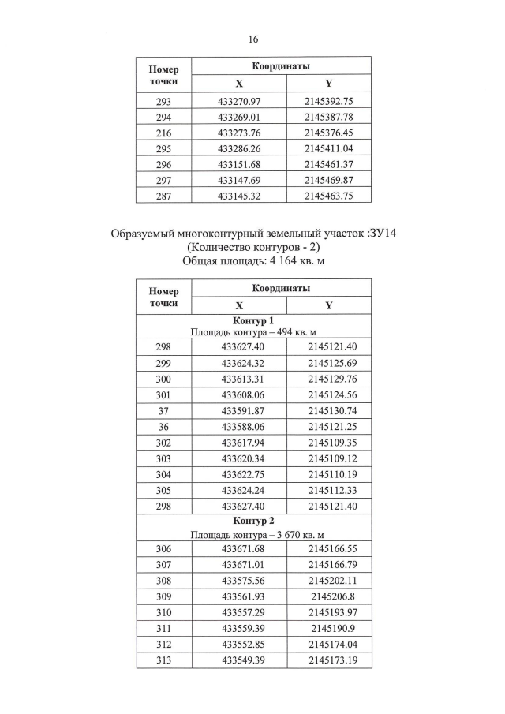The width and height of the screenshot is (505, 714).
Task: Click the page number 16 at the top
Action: (252, 39)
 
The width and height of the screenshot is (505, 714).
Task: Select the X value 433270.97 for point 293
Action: (239, 102)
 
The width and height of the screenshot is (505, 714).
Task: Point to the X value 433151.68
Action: (239, 164)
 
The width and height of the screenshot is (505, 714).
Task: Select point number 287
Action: (164, 196)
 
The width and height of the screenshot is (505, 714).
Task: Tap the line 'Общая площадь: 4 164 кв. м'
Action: (252, 262)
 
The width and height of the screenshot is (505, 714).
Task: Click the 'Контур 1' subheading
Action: (253, 321)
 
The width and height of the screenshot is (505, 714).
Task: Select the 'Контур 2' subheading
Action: (253, 524)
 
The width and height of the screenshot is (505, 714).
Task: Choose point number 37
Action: (164, 410)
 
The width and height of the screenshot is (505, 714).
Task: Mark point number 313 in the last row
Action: (164, 660)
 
